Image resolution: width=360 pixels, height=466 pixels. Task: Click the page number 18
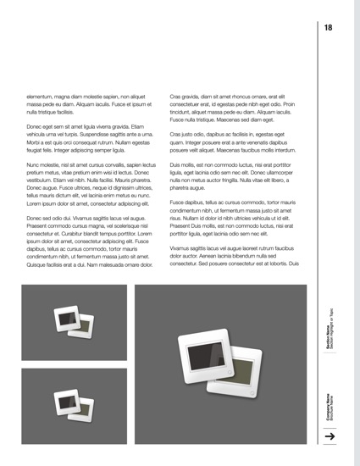[328, 27]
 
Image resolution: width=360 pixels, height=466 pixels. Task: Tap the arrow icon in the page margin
[329, 436]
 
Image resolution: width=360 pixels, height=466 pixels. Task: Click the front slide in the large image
[201, 353]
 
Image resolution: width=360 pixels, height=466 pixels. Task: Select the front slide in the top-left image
[68, 319]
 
